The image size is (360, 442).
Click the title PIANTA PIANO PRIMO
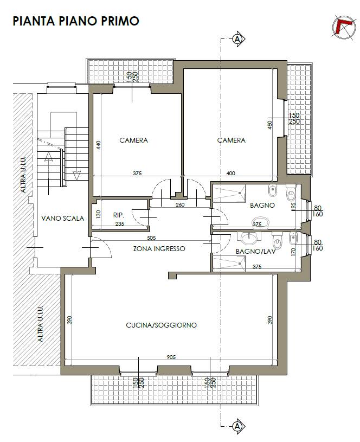(x=76, y=21)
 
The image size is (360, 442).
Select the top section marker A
(x=239, y=39)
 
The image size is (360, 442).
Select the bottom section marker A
(x=239, y=426)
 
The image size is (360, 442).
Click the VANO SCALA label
(x=62, y=218)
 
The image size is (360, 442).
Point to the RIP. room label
(x=119, y=215)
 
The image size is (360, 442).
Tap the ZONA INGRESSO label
(x=159, y=248)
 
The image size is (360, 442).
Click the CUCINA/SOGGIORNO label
(x=161, y=325)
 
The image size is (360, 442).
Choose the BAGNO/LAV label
(x=255, y=251)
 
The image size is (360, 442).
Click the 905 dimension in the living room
(x=171, y=357)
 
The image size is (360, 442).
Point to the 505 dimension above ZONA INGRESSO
(x=151, y=238)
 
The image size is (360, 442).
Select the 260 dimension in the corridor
(x=180, y=204)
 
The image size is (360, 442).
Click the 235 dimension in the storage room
(x=119, y=224)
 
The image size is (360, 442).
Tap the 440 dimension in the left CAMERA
(x=98, y=145)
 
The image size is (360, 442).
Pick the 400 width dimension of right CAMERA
(x=230, y=174)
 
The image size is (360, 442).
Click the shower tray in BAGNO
(x=229, y=194)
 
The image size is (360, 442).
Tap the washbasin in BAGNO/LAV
(x=249, y=239)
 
